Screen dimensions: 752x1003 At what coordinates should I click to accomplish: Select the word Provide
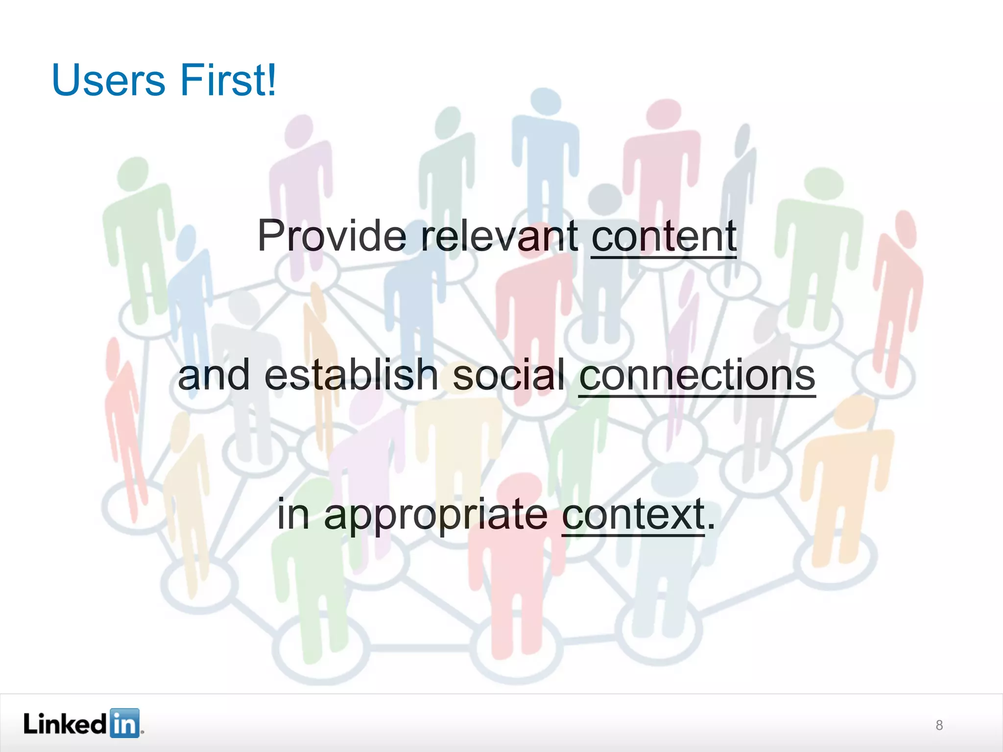(332, 236)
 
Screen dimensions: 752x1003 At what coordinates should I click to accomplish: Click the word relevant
(499, 236)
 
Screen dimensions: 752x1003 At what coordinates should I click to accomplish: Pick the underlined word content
(664, 236)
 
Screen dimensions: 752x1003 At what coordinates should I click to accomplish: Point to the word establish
(351, 375)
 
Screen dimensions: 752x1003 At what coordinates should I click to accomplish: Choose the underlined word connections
(697, 376)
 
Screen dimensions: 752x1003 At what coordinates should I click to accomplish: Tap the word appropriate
(436, 515)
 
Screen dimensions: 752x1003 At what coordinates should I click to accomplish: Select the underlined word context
(633, 515)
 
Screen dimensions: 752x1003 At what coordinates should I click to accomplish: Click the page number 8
(939, 725)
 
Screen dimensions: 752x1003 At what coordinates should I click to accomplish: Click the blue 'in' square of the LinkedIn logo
(124, 723)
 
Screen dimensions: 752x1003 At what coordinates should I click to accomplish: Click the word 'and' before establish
(214, 375)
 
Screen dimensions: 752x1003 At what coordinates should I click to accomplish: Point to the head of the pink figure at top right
(664, 114)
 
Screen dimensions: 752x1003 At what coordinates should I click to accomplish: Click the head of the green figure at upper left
(134, 172)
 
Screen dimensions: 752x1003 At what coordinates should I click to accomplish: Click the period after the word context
(711, 527)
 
